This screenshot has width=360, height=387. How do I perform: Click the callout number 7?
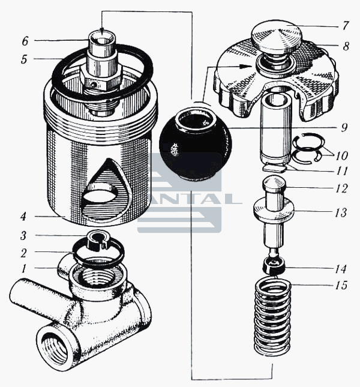click(346, 26)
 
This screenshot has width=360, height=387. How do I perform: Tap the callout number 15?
click(341, 285)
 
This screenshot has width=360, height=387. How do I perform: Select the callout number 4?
click(23, 217)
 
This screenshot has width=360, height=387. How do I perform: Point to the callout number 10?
click(341, 155)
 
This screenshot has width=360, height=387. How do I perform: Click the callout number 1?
click(23, 269)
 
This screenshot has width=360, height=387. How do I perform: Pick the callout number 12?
click(341, 188)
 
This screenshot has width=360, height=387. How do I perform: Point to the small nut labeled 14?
click(274, 265)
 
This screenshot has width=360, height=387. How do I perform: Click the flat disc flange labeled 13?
click(274, 211)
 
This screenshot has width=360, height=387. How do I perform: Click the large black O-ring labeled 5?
click(103, 71)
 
